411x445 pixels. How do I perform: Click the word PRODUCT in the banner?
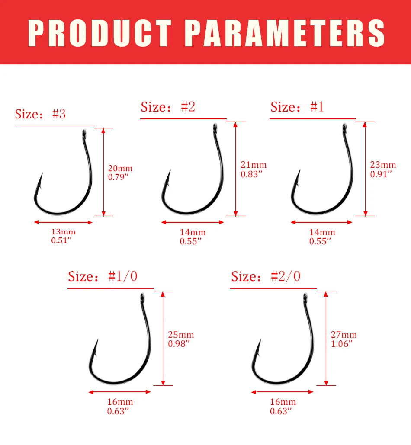coord(100,33)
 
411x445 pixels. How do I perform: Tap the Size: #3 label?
coord(40,114)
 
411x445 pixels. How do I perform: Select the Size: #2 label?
coord(168,107)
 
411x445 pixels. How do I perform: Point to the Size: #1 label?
coord(297,107)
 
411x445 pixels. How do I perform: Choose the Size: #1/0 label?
coord(103,276)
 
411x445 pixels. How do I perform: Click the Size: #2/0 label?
coord(266,276)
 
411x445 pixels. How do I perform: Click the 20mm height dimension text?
coord(120,168)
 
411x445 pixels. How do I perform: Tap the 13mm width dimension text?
coord(63,232)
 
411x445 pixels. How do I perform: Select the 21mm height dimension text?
coord(254,165)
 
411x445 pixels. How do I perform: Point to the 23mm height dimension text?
coord(383,165)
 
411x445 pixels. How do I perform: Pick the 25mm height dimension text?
coord(181,335)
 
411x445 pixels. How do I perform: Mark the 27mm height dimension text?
coord(344,335)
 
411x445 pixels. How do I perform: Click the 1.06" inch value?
coord(342,344)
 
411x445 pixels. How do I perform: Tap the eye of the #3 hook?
coord(84,133)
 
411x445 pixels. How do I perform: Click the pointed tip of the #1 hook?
coord(299,170)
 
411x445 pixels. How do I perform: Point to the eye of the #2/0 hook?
coord(305,298)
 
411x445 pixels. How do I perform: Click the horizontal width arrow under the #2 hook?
coord(193,222)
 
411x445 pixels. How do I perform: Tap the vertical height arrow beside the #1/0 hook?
coord(163,338)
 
